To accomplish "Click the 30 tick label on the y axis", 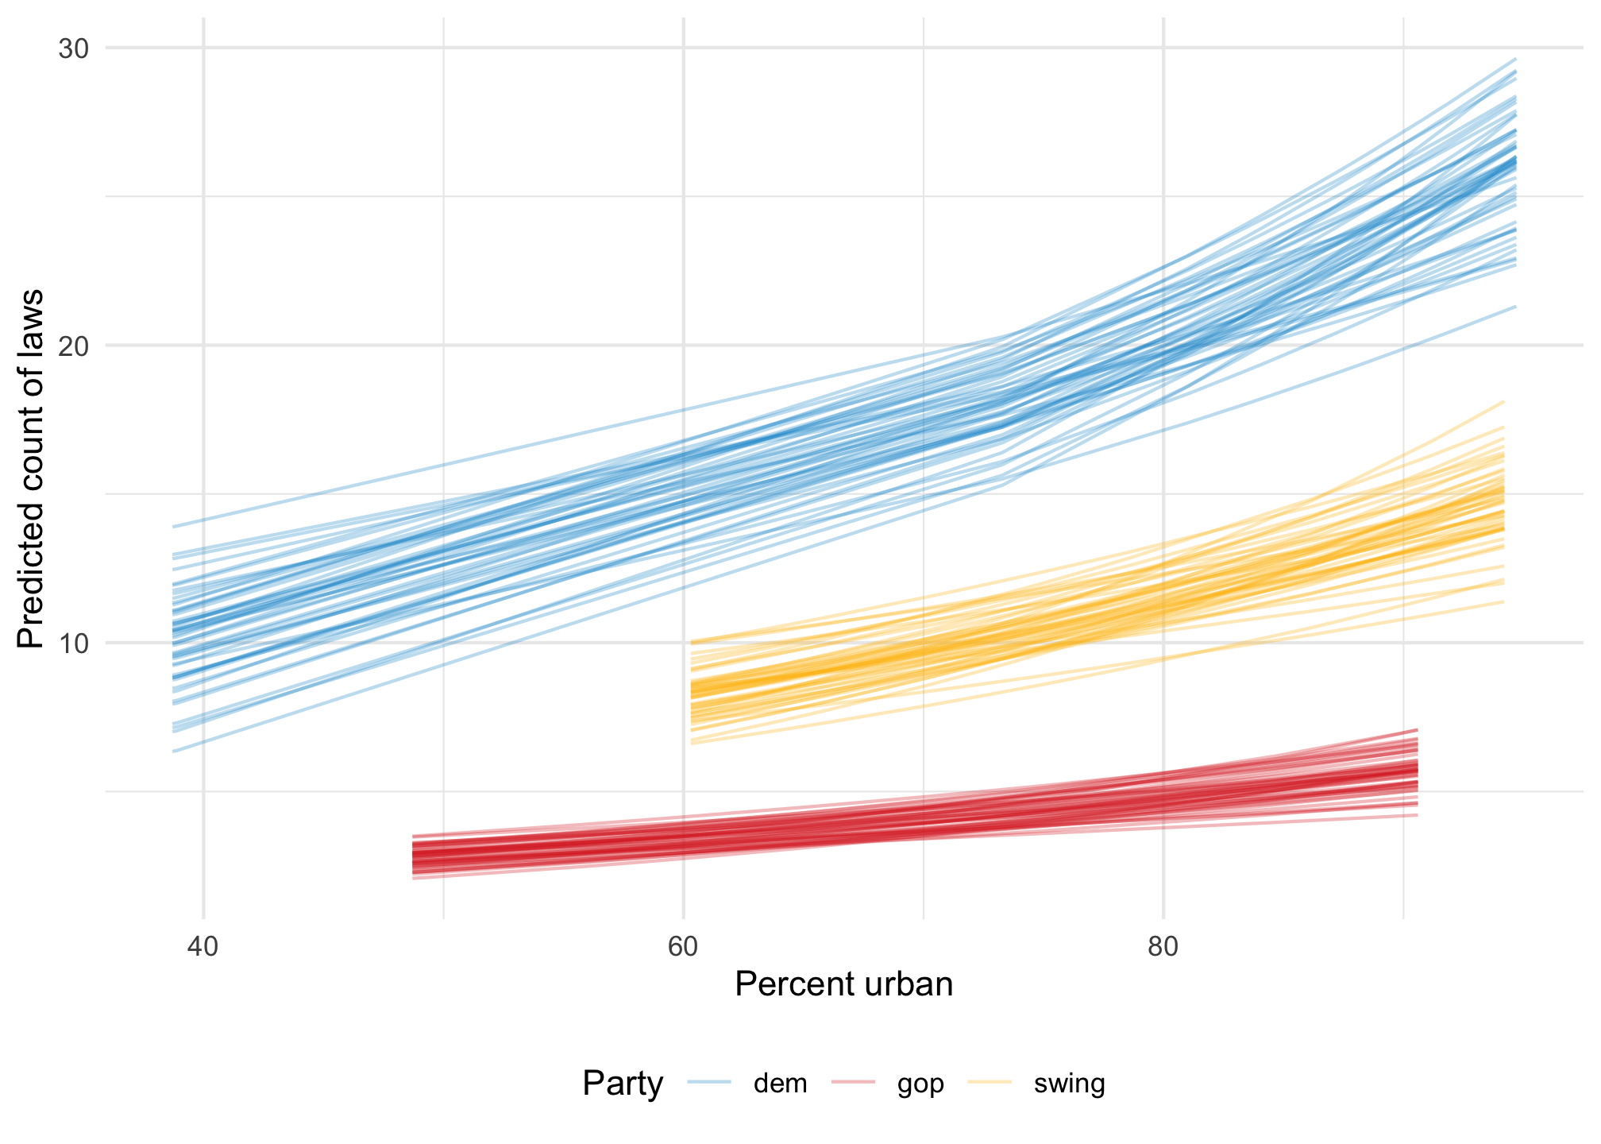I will pos(73,48).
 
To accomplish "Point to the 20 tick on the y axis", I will pos(73,346).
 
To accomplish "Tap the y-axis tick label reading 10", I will pos(73,643).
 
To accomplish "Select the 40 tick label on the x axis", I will pos(203,949).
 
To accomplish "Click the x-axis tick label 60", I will pos(683,949).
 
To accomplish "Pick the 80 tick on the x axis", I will pos(1163,949).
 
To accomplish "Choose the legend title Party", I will pos(623,1084).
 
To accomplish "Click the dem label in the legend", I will pos(780,1084).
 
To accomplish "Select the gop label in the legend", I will pos(920,1084).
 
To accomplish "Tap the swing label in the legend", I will pos(1069,1084).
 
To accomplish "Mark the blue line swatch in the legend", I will pos(709,1082).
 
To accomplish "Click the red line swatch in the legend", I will pos(852,1082).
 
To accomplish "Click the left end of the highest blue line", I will pos(173,527).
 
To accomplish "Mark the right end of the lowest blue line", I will pos(1516,307).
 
